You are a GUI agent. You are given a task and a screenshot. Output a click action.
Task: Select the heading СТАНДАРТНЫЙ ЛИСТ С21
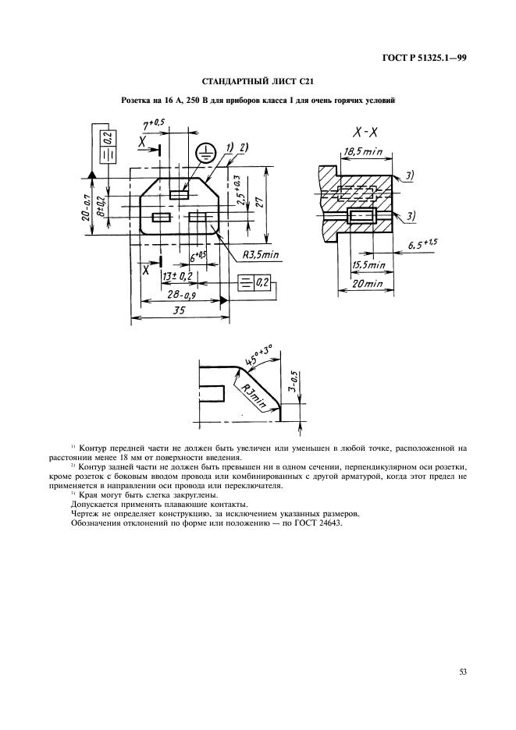pos(258,81)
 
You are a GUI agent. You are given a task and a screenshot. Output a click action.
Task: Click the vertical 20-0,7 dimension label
pos(84,206)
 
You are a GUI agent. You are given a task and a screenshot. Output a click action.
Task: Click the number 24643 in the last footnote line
pos(327,523)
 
